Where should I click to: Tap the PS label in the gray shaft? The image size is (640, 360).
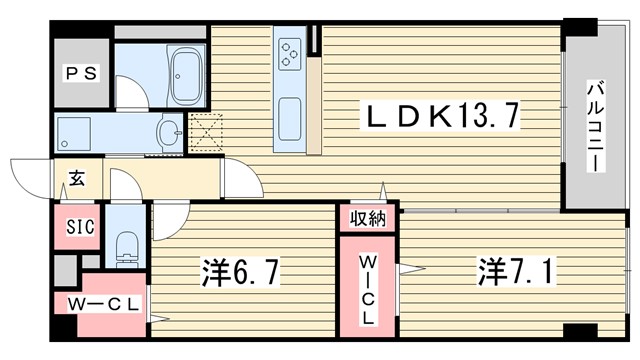82,74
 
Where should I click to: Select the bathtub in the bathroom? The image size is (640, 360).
186,76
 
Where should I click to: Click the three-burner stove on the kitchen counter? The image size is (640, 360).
290,53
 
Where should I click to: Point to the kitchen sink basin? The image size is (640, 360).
290,119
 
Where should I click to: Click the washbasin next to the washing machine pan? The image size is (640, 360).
169,131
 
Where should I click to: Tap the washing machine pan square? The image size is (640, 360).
74,133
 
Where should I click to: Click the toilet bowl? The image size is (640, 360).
126,249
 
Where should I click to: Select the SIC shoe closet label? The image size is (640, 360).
80,227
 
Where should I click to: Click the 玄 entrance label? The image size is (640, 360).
77,177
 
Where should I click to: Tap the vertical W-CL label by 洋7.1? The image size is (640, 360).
368,289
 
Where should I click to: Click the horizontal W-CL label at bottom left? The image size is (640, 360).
104,304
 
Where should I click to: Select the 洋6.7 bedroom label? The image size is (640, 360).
241,273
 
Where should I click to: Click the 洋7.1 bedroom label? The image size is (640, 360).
516,271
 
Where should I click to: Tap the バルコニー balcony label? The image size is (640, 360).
596,127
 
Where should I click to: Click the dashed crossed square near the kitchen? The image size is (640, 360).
207,133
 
